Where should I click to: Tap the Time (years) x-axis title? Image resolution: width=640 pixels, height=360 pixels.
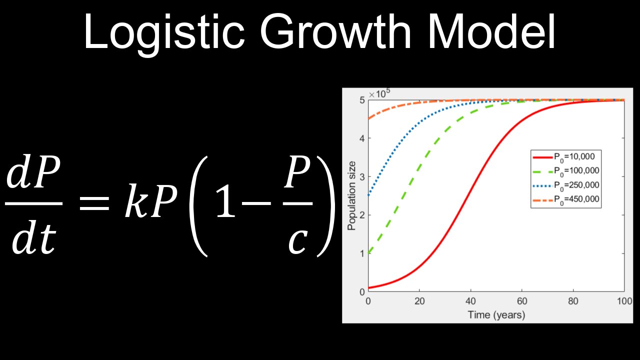coord(496,314)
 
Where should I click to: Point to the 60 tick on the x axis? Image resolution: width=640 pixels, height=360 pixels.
coord(521,301)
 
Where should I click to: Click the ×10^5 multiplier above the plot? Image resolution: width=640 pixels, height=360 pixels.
coord(379,94)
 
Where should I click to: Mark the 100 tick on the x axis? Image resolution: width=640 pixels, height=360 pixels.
coord(623,301)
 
